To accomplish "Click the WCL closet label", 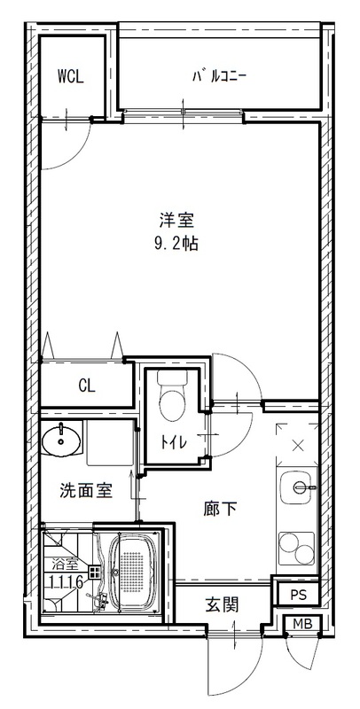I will pos(70,76).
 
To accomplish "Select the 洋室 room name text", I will pos(177,220).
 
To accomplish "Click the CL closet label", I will pos(86,386).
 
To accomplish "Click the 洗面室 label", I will pos(86,489).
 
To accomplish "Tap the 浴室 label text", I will pos(64,564).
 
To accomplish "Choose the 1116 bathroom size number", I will pos(65,581).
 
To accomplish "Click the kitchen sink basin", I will pos(297,487).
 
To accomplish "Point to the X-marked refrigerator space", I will pos(297,445).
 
